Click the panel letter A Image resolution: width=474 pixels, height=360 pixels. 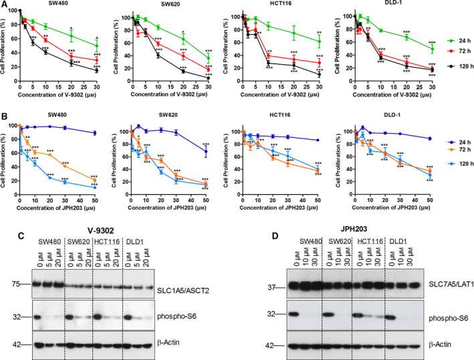coord(5,5)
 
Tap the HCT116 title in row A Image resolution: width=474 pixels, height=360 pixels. coord(283,5)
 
